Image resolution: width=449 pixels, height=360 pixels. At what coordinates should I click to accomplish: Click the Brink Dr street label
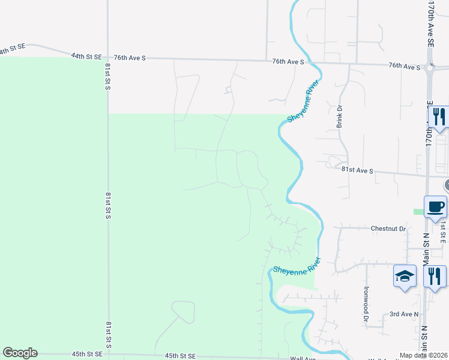click(x=339, y=116)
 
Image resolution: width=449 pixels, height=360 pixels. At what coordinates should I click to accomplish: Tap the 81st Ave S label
click(x=358, y=170)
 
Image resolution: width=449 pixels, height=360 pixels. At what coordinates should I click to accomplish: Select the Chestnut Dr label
click(x=388, y=229)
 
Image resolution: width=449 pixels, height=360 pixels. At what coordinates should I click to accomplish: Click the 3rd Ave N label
click(x=403, y=314)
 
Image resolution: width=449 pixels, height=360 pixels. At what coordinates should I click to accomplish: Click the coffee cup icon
click(x=435, y=208)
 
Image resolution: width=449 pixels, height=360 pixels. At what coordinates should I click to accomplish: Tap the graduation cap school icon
click(x=405, y=277)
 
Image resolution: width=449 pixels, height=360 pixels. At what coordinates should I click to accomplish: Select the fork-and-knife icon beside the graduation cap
click(x=435, y=277)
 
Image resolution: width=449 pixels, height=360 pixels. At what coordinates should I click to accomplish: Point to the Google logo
click(x=20, y=353)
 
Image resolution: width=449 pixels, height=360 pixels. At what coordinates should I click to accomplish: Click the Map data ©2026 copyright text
click(x=424, y=356)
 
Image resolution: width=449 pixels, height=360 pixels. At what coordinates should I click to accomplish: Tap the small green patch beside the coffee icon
click(x=418, y=211)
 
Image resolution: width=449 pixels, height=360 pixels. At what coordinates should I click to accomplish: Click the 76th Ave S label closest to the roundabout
click(x=404, y=66)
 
